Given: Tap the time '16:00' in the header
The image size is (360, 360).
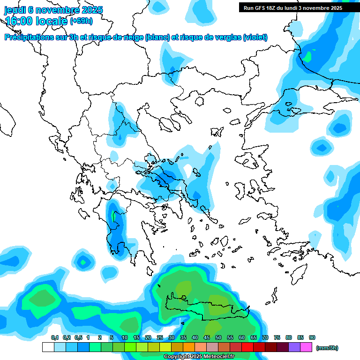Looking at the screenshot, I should [x=20, y=21].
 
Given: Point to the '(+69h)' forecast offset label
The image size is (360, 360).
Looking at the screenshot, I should [x=82, y=21].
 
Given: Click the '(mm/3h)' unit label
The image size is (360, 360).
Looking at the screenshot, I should [x=327, y=348].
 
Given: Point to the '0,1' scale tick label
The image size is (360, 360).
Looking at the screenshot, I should [x=54, y=337].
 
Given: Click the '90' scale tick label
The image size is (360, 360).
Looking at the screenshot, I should [x=312, y=337].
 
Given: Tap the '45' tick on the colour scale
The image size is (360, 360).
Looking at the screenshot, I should [x=207, y=337].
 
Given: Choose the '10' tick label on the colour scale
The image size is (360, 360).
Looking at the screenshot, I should [x=125, y=337].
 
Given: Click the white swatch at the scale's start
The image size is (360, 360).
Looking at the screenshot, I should [x=48, y=347].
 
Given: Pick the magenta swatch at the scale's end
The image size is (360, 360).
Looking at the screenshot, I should [x=307, y=347].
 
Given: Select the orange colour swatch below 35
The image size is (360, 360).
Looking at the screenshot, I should [x=189, y=347].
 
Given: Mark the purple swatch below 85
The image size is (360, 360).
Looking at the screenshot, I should [x=295, y=347].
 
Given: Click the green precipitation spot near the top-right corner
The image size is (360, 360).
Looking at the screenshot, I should [x=307, y=56].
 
